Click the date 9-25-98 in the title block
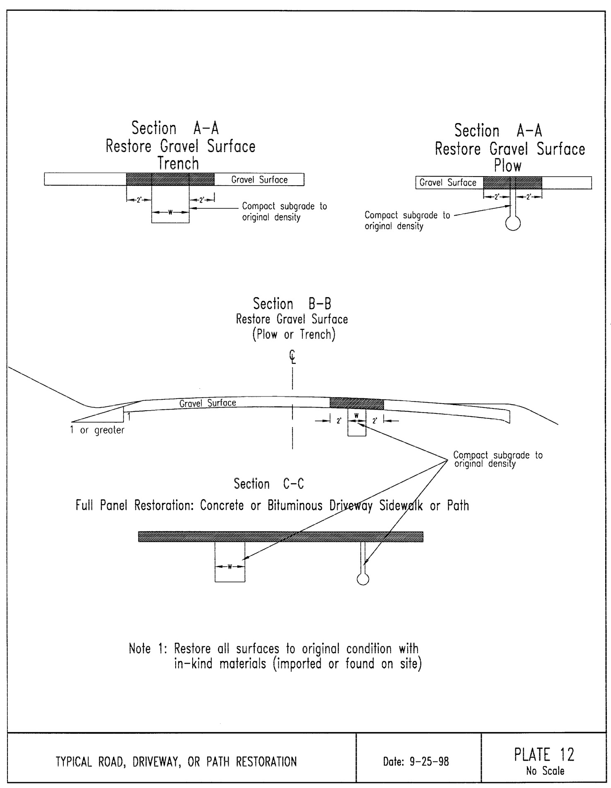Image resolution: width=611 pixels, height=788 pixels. tap(415, 761)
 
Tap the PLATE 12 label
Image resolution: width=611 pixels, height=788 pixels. tap(544, 755)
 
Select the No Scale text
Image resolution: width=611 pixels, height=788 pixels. tap(545, 771)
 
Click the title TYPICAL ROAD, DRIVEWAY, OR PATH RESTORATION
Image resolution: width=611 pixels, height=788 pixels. tap(176, 761)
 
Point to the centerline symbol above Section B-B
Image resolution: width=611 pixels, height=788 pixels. tap(292, 356)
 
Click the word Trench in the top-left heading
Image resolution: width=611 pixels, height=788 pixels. tap(178, 164)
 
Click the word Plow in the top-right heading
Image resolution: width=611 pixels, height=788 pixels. tap(507, 166)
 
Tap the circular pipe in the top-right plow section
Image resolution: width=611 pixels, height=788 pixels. tap(513, 223)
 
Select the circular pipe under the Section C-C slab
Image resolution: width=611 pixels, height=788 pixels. tap(363, 579)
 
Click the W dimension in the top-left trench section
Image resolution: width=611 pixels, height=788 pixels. tap(170, 213)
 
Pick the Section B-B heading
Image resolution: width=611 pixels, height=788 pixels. tap(292, 304)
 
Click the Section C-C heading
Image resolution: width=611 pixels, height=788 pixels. tap(269, 484)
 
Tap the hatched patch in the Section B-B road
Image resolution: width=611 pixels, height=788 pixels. tap(356, 403)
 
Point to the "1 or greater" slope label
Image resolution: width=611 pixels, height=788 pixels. tap(97, 430)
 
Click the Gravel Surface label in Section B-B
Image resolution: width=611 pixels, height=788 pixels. tap(208, 403)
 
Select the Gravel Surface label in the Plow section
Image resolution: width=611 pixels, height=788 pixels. tap(448, 183)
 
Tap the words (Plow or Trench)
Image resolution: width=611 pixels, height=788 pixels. tap(294, 334)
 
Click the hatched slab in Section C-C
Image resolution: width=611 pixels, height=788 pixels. tap(280, 537)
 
